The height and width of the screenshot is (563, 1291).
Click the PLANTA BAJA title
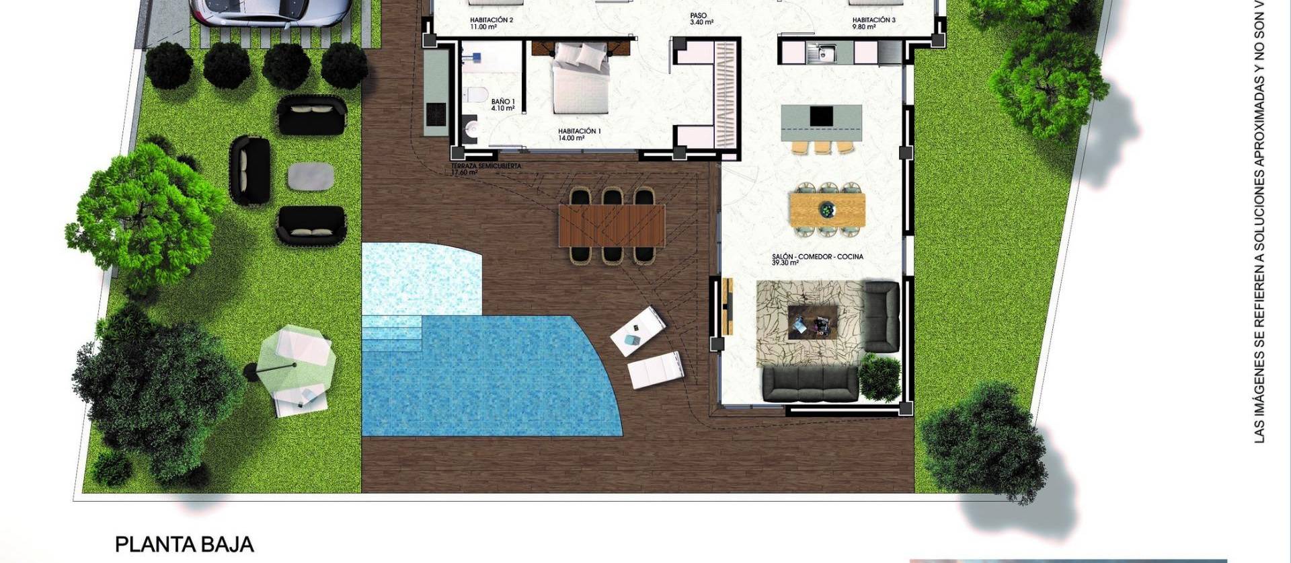click(x=184, y=544)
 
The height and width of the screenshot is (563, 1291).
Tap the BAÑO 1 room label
click(x=503, y=104)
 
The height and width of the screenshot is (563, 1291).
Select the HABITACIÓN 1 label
click(x=579, y=134)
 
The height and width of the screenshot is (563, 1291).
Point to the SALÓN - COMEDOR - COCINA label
click(x=818, y=259)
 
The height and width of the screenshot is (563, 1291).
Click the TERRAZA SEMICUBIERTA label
click(x=485, y=169)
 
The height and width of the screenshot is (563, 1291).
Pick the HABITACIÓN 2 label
click(x=491, y=23)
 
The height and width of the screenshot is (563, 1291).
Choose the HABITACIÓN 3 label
click(x=873, y=23)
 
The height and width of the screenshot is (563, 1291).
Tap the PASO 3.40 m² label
click(x=701, y=18)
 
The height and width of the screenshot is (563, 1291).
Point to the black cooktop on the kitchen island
click(x=821, y=116)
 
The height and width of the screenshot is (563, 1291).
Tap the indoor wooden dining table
click(x=827, y=209)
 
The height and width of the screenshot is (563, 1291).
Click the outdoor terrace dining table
click(x=611, y=225)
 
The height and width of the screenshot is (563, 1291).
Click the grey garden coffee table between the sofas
click(x=311, y=177)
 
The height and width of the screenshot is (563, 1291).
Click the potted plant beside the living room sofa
click(x=879, y=378)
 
